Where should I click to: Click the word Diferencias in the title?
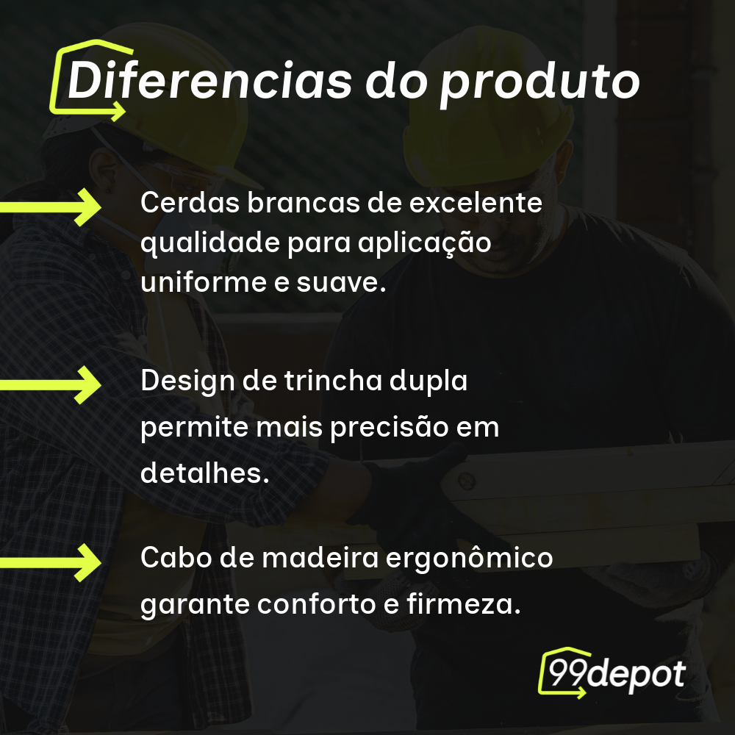click(209, 80)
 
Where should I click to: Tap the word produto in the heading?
click(539, 85)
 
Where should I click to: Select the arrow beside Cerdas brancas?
click(50, 207)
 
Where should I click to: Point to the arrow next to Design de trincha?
click(50, 385)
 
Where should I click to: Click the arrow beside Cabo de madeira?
click(50, 562)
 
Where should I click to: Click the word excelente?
click(476, 203)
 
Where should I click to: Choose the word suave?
click(341, 283)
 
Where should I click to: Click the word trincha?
click(333, 380)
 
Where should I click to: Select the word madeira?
click(320, 558)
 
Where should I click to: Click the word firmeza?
click(464, 603)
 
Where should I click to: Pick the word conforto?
click(316, 604)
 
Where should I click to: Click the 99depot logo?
click(612, 673)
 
